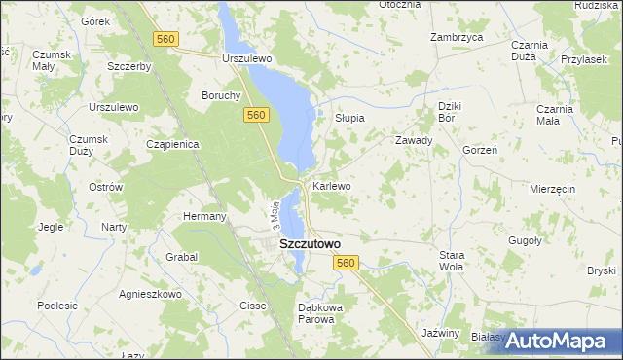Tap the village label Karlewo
click(x=331, y=185)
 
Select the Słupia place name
click(x=349, y=118)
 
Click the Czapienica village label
click(x=172, y=144)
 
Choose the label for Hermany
click(x=204, y=216)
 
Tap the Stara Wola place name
click(x=452, y=260)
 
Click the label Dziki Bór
click(x=448, y=111)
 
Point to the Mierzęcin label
click(x=553, y=188)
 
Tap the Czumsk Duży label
click(x=88, y=145)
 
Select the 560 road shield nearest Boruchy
click(x=255, y=115)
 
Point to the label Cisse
click(x=252, y=306)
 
